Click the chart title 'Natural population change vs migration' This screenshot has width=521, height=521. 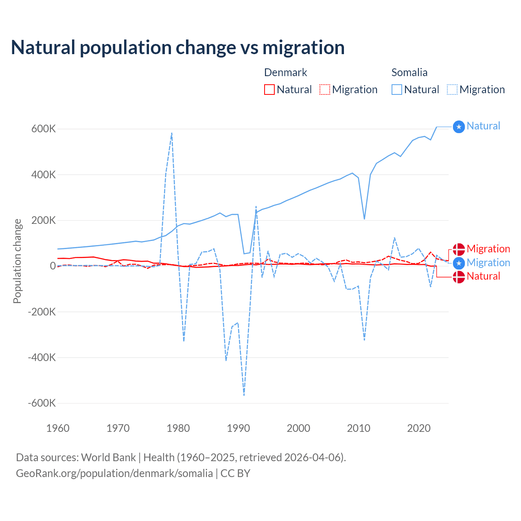coord(178,48)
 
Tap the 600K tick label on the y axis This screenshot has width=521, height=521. coord(44,129)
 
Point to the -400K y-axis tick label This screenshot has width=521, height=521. coord(42,357)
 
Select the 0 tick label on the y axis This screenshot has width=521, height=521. coord(53,266)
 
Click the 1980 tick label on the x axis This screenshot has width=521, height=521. coord(178,428)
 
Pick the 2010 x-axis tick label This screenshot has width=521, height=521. coord(359,428)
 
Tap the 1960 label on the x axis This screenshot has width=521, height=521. coord(58,428)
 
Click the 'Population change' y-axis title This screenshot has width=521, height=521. coord(17,261)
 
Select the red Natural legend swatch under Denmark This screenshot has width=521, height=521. coord(269,90)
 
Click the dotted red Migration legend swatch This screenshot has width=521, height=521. coord(325,90)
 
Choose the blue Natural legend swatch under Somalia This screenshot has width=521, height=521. coord(397,90)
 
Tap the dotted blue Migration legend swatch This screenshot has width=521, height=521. coord(452,90)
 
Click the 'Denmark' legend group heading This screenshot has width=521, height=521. coord(285,72)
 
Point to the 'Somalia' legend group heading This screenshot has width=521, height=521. coord(409,72)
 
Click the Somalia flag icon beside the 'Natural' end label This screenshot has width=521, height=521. coord(459,127)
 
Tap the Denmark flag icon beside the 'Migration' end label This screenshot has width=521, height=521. coord(459,250)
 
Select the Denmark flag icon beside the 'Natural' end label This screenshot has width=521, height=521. coord(459,277)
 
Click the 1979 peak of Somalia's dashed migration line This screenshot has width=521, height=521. coord(172,133)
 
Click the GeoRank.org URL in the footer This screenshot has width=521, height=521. coord(114,473)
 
